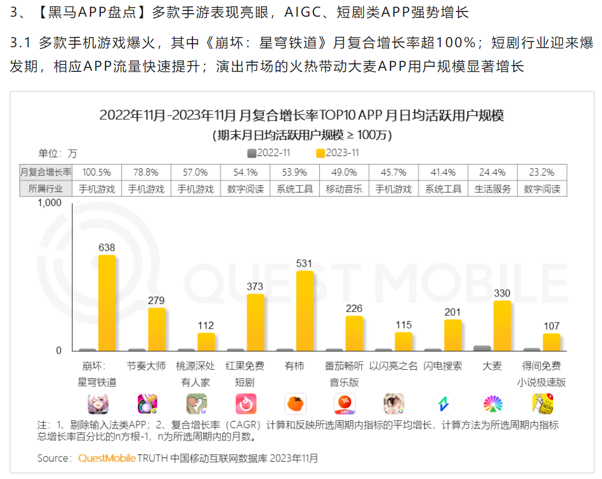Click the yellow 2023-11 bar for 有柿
(305, 311)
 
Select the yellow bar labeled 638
(107, 303)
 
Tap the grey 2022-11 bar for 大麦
(482, 348)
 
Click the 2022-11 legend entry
(268, 153)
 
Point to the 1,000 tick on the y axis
(50, 203)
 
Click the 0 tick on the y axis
(58, 351)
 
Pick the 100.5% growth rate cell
(97, 172)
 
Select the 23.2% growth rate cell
(542, 172)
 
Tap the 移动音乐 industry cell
(344, 189)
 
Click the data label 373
(255, 286)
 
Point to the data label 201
(453, 312)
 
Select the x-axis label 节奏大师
(146, 366)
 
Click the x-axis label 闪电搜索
(442, 366)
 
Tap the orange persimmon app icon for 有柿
(296, 404)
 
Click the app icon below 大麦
(493, 404)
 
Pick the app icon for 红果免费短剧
(246, 404)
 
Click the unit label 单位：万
(58, 153)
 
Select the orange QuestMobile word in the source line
(107, 458)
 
